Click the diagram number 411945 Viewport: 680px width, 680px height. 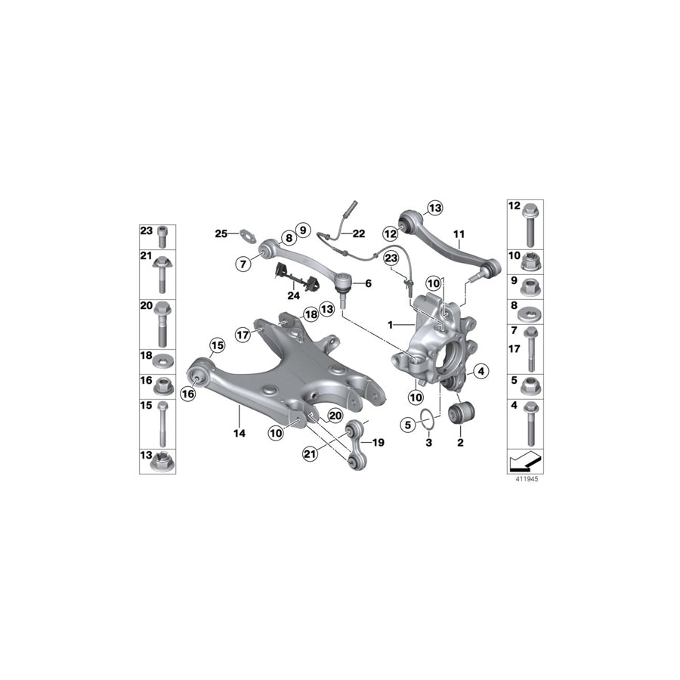coord(527,478)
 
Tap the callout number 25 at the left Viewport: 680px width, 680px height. coord(221,233)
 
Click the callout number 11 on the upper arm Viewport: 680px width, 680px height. coord(458,235)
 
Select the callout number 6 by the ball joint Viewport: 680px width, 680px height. coord(369,283)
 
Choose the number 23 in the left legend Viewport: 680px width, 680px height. coord(146,231)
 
